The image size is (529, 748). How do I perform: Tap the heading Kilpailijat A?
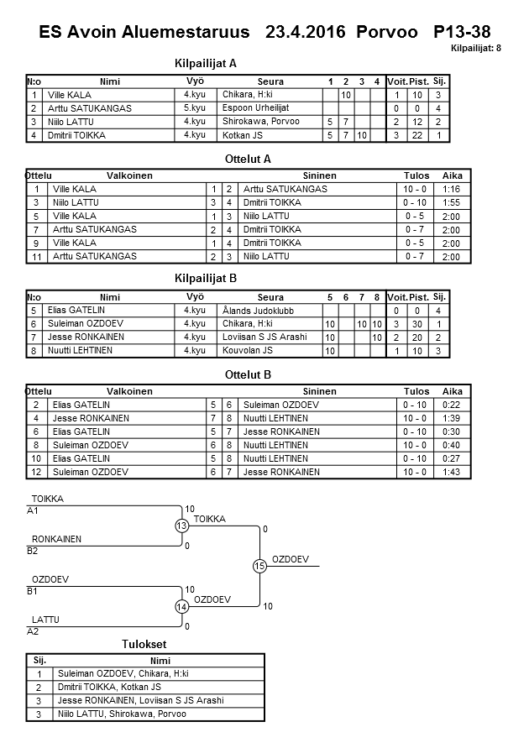[206, 63]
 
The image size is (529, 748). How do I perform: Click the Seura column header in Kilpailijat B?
[270, 297]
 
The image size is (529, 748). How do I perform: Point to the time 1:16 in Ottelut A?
[451, 189]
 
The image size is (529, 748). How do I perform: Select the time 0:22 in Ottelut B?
[452, 405]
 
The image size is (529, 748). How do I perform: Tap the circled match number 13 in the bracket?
[181, 526]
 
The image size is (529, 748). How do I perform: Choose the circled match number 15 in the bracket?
[259, 567]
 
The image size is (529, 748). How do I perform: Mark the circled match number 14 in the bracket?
[181, 607]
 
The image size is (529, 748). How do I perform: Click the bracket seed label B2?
[33, 552]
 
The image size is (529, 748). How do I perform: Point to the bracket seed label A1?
[33, 510]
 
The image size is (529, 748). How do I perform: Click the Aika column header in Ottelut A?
[452, 176]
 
